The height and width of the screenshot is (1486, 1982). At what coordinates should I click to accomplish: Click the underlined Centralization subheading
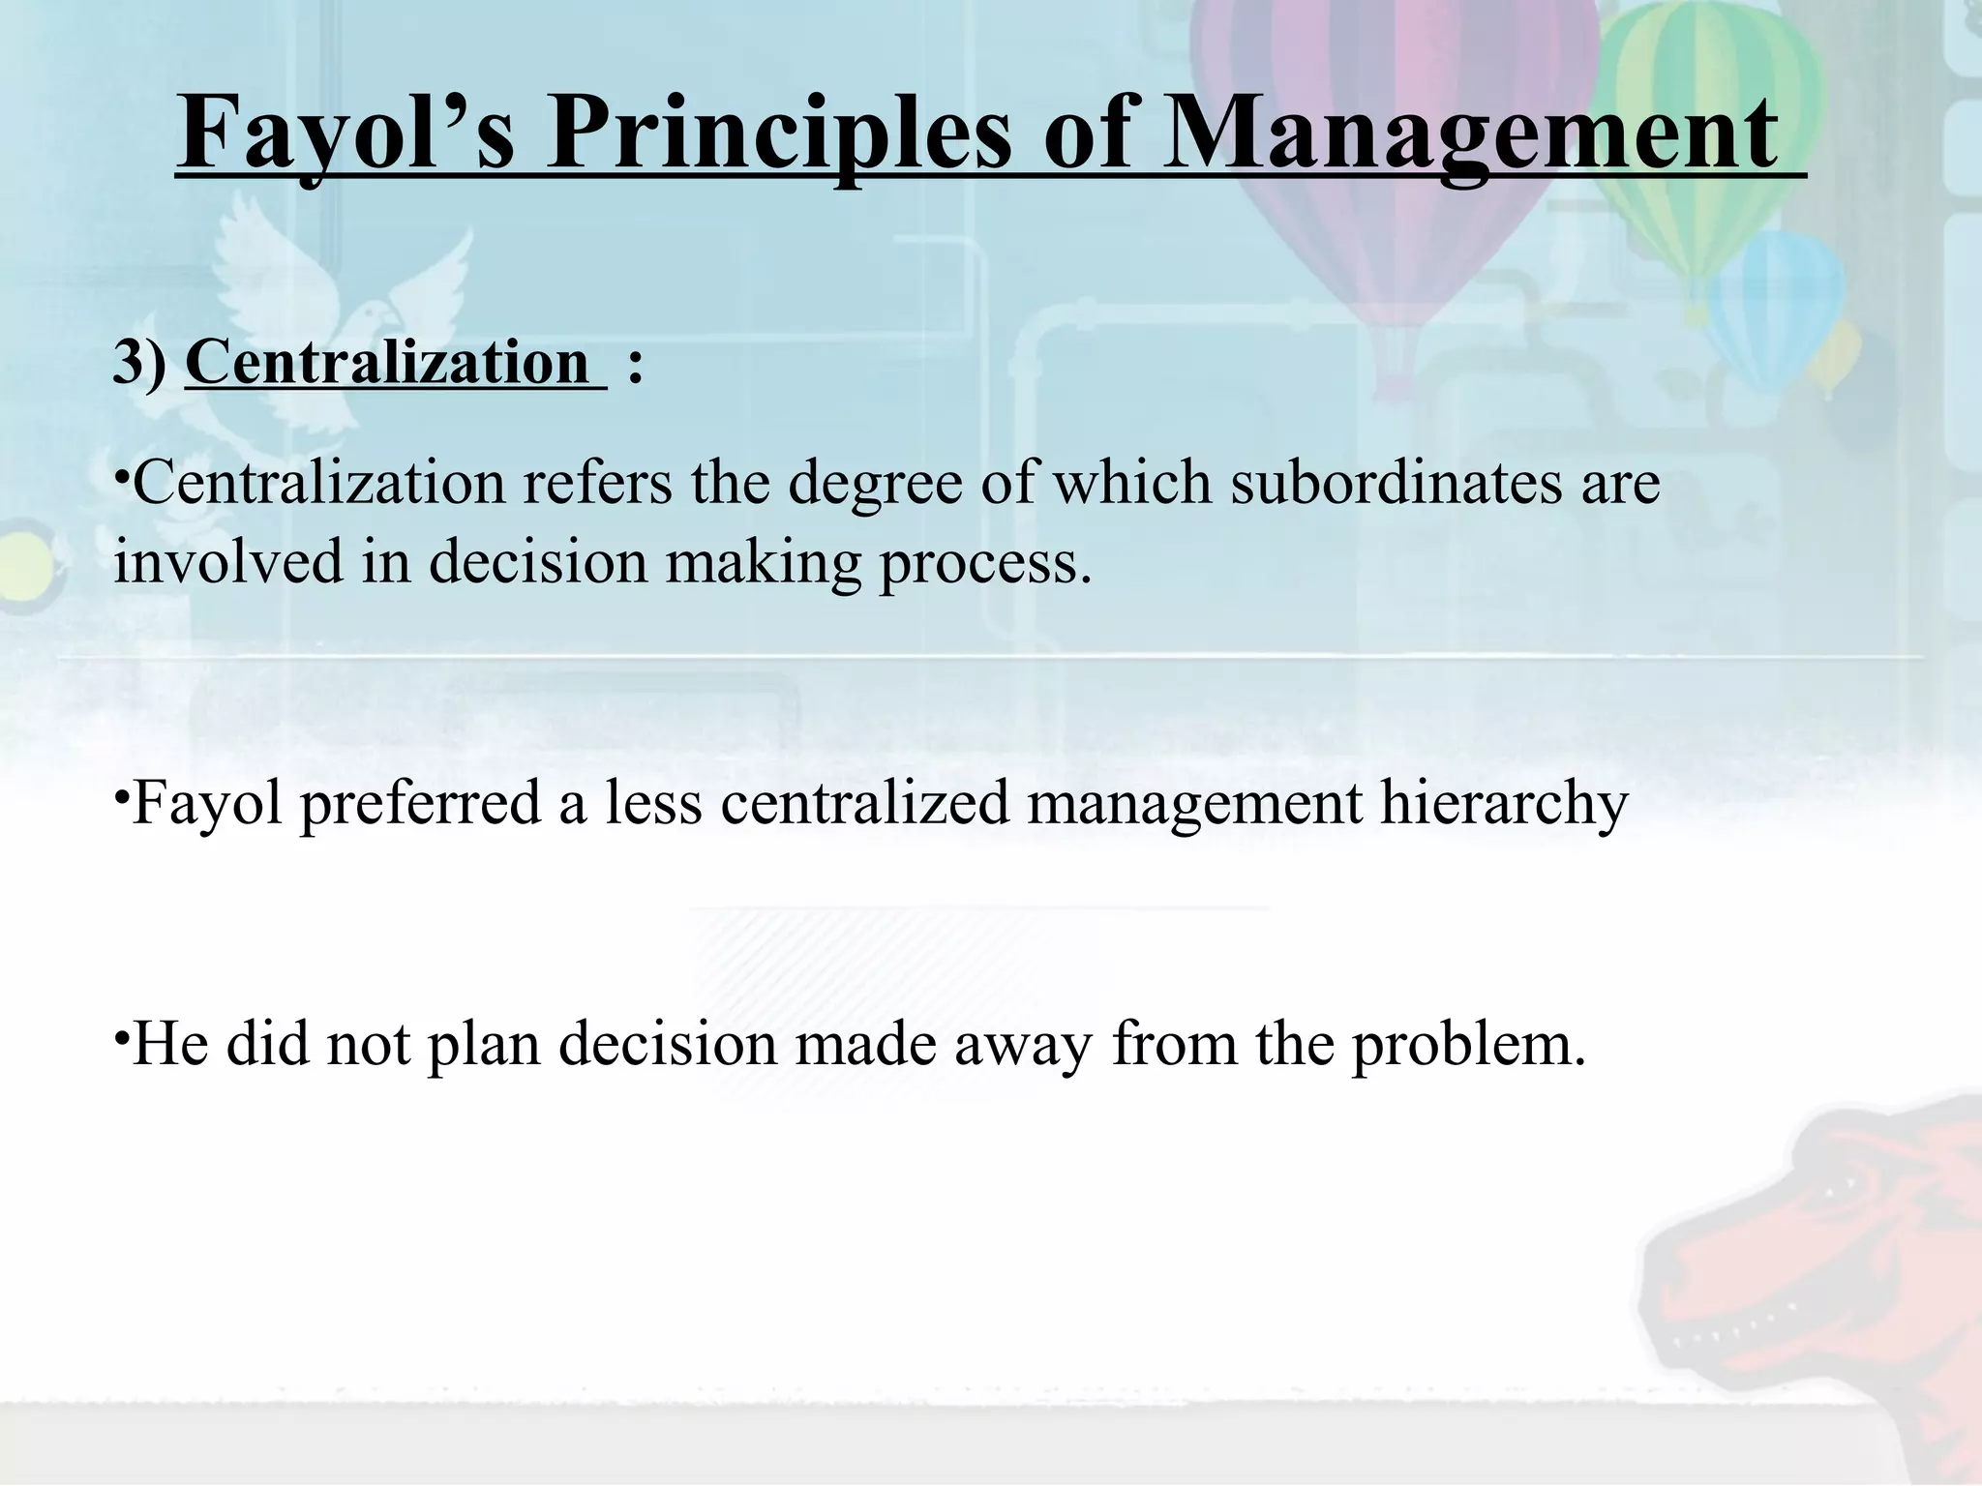coord(387,363)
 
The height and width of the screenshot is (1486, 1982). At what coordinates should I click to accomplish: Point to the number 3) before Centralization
coord(139,363)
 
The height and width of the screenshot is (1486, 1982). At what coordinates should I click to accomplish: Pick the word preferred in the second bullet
coord(420,804)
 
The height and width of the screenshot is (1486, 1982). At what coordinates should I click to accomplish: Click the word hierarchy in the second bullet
coord(1504,804)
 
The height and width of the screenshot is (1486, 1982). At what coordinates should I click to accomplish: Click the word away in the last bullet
coord(1023,1046)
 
